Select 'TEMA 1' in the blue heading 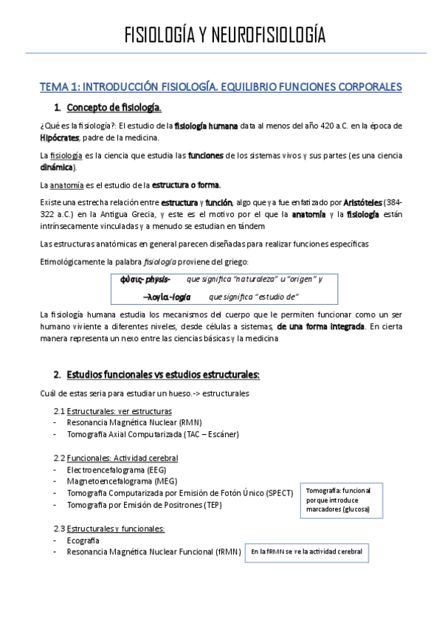(60, 87)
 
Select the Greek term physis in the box (156, 279)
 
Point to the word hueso (184, 393)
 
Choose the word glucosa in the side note (353, 509)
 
